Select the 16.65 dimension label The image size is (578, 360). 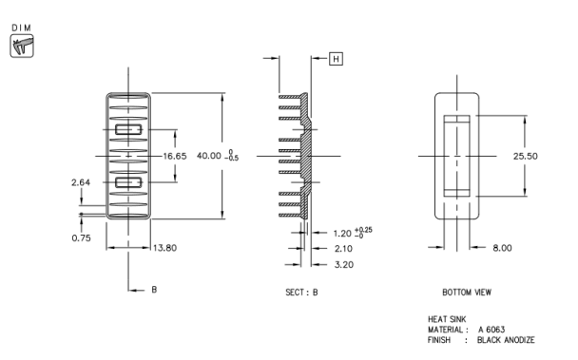[x=174, y=156]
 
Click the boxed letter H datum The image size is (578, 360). [x=335, y=59]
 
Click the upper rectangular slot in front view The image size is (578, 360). [x=128, y=128]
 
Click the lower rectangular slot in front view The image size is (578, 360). [x=128, y=181]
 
